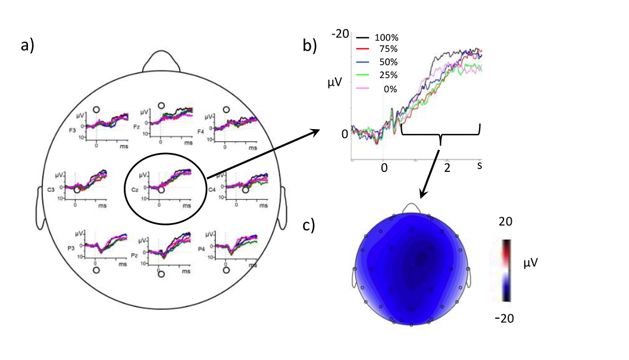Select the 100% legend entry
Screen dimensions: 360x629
pyautogui.click(x=385, y=37)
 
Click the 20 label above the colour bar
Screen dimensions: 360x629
pyautogui.click(x=505, y=221)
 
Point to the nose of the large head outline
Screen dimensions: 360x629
pyautogui.click(x=161, y=60)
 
